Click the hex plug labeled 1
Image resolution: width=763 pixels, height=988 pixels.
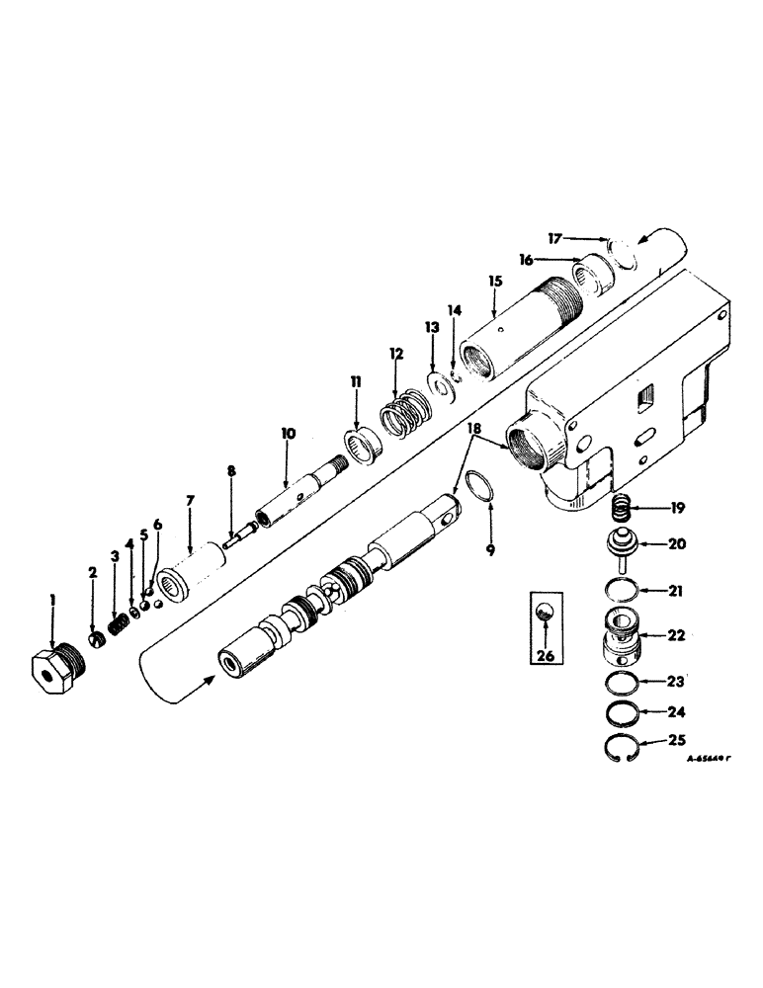pyautogui.click(x=56, y=673)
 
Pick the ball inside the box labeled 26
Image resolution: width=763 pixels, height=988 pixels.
pyautogui.click(x=543, y=616)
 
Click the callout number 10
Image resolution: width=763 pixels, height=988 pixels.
pyautogui.click(x=288, y=432)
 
